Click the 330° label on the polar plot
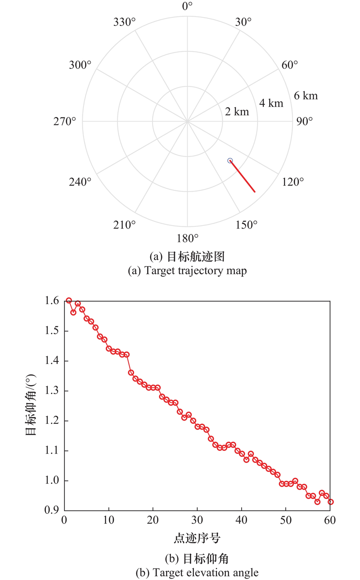pos(124,22)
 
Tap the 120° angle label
pos(293,181)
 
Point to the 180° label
pos(187,238)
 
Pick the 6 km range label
pos(306,95)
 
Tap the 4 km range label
pos(271,103)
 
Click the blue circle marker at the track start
pos(230,161)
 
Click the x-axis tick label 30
pos(197,521)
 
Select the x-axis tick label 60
pos(330,521)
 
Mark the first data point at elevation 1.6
pos(69,301)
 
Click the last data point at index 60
pos(331,502)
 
